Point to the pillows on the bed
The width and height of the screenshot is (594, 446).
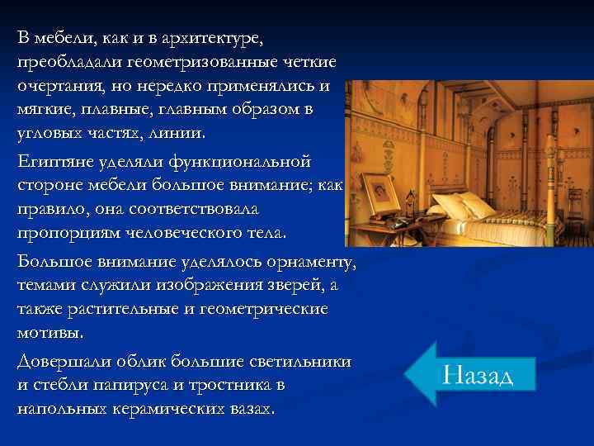tap(462, 202)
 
